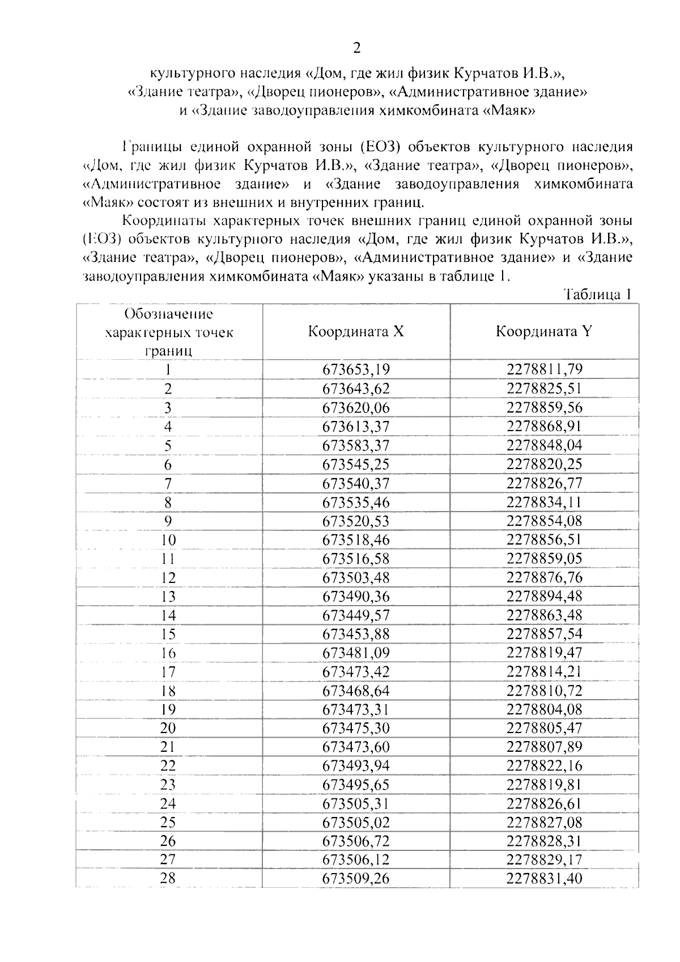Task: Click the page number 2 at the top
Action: point(356,48)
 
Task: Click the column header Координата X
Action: point(356,331)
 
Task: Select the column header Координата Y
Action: point(544,331)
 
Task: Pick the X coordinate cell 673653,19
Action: point(356,370)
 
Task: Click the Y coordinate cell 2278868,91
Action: point(544,427)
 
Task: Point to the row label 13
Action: point(168,597)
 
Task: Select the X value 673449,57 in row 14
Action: point(356,615)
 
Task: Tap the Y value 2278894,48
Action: point(544,597)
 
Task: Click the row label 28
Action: point(168,878)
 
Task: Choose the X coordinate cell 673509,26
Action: point(356,879)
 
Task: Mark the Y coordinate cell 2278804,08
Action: point(544,709)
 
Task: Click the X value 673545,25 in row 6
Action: point(356,465)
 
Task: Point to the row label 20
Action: point(168,728)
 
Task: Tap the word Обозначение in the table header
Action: point(168,313)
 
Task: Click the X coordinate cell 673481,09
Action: point(356,653)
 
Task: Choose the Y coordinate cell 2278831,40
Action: point(544,879)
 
